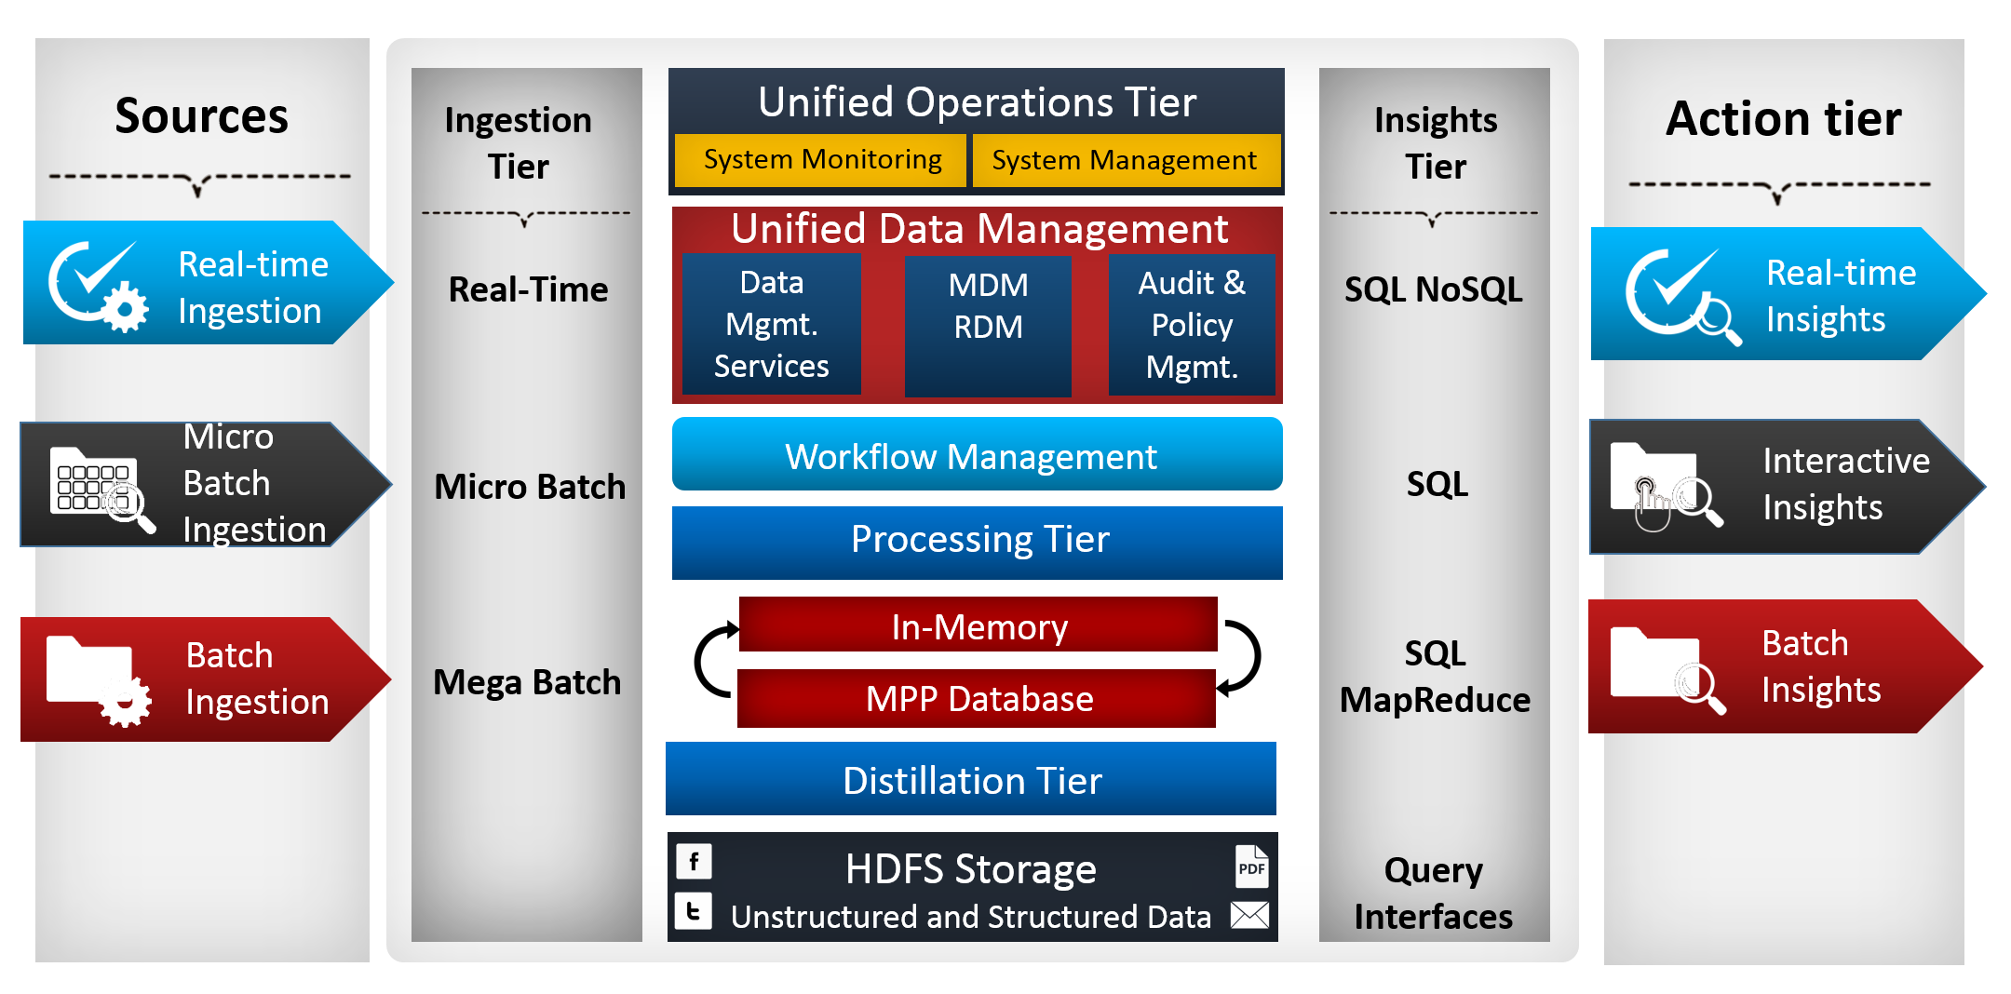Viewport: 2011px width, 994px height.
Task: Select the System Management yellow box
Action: (x=1126, y=160)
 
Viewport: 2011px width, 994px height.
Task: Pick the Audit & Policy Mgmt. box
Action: (x=1192, y=325)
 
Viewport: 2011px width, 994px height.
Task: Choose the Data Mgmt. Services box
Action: (x=771, y=324)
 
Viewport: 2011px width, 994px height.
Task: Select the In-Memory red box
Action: (x=978, y=625)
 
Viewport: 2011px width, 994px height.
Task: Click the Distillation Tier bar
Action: (x=971, y=779)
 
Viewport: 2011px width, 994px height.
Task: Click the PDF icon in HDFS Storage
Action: (x=1251, y=866)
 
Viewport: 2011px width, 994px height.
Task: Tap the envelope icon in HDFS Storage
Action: (x=1249, y=915)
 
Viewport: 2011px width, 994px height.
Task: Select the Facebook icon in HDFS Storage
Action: (x=694, y=862)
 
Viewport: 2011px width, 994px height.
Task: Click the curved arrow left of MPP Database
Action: (x=713, y=661)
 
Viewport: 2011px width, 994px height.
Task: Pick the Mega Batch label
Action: (x=527, y=682)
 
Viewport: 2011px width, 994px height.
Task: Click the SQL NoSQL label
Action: (x=1434, y=289)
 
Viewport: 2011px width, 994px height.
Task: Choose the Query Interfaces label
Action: (x=1434, y=893)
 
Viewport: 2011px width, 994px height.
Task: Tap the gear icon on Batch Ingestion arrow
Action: (x=126, y=703)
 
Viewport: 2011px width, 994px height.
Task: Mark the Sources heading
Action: (x=201, y=116)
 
